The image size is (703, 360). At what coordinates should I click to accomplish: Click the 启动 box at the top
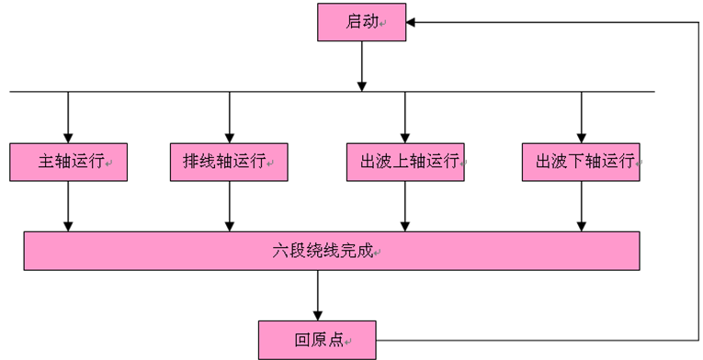[x=362, y=23]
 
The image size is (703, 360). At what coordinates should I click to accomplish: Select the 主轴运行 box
[x=68, y=162]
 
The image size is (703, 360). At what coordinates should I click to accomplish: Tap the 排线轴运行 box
[x=229, y=162]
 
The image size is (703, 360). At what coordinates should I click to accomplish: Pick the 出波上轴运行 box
[x=405, y=162]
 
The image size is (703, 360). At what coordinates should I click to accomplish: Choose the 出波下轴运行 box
[x=581, y=162]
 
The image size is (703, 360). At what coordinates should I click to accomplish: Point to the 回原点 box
[x=318, y=339]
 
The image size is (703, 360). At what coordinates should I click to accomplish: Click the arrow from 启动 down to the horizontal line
[x=362, y=66]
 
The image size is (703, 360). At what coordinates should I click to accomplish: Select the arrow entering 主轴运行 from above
[x=68, y=117]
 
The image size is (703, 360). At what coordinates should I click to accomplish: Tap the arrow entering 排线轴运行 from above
[x=229, y=117]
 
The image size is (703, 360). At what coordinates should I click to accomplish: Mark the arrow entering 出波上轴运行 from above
[x=405, y=117]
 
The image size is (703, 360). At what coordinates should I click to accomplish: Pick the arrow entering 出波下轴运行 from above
[x=581, y=117]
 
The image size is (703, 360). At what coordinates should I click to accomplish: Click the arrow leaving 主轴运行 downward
[x=68, y=206]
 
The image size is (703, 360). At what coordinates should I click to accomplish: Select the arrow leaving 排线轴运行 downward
[x=229, y=206]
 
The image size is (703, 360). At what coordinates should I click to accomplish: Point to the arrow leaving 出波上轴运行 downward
[x=405, y=206]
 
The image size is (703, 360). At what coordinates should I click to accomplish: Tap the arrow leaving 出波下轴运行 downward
[x=581, y=206]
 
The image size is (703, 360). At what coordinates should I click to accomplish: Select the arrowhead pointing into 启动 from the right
[x=413, y=22]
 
